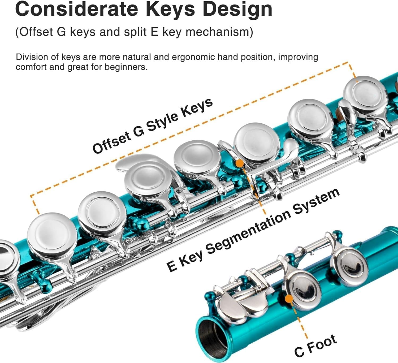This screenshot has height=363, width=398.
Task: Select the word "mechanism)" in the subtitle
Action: pos(219,32)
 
